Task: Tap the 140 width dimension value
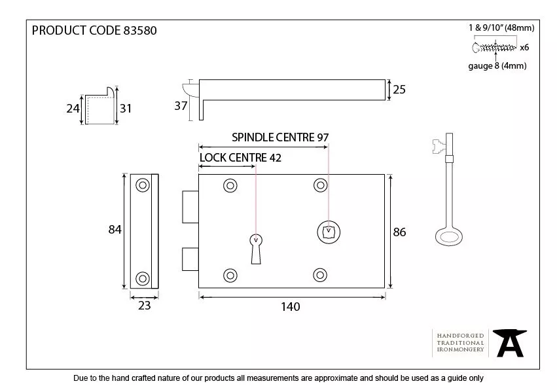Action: pyautogui.click(x=290, y=306)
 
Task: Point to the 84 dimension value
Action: pyautogui.click(x=115, y=230)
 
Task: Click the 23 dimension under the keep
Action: pyautogui.click(x=144, y=305)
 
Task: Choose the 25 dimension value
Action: pyautogui.click(x=399, y=90)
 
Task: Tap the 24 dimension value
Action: pyautogui.click(x=73, y=109)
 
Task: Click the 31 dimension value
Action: pyautogui.click(x=126, y=109)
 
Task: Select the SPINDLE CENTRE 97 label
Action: pyautogui.click(x=279, y=137)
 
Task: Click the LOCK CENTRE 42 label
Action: pyautogui.click(x=242, y=158)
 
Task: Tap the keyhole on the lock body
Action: pyautogui.click(x=255, y=247)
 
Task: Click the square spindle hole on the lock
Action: pyautogui.click(x=327, y=231)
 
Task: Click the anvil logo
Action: pyautogui.click(x=510, y=343)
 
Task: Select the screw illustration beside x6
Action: pyautogui.click(x=494, y=47)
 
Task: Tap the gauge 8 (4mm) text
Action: pyautogui.click(x=497, y=66)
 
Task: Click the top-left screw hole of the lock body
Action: pyautogui.click(x=230, y=186)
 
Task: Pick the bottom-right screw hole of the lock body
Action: pyautogui.click(x=320, y=275)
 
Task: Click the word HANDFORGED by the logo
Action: pyautogui.click(x=461, y=335)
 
